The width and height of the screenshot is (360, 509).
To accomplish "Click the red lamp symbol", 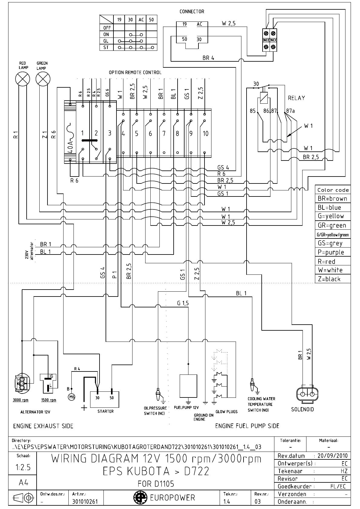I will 23,79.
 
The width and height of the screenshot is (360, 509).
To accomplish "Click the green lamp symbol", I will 43,79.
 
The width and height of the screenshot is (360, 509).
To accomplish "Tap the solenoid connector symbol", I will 306,394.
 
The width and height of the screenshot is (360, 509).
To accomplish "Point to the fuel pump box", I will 188,386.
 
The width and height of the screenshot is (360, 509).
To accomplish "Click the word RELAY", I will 296,98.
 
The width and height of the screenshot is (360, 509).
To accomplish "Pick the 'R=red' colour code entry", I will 326,261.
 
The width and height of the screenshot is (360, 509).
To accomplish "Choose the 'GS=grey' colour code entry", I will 330,243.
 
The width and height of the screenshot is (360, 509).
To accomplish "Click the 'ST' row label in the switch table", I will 106,47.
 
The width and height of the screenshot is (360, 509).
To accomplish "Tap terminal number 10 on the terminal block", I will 205,134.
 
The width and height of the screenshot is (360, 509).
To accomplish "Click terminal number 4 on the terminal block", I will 123,134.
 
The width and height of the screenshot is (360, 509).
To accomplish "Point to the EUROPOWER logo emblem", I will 139,497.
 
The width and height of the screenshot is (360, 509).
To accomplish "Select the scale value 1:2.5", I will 23,467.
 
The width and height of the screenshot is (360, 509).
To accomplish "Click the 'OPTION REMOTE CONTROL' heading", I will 135,73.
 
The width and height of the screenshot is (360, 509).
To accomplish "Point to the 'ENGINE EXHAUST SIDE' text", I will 43,426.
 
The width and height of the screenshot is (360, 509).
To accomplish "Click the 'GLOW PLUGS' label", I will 226,412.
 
